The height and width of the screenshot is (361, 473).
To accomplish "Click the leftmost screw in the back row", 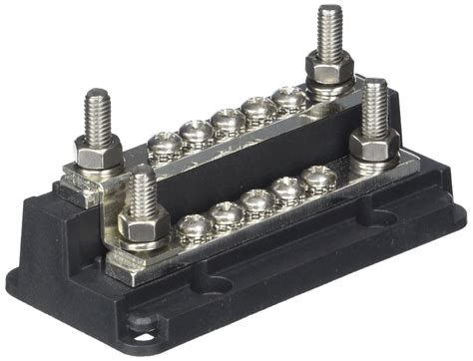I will tap(164, 146).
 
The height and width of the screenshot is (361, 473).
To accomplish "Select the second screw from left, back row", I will tap(197, 132).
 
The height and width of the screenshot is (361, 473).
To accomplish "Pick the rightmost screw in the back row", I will tap(290, 98).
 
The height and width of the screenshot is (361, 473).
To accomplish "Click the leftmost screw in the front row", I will tap(193, 227).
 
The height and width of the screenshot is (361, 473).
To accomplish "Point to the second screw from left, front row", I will tap(227, 213).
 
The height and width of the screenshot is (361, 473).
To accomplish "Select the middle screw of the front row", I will tap(258, 201).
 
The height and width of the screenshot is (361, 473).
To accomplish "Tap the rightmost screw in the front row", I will tap(319, 178).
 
